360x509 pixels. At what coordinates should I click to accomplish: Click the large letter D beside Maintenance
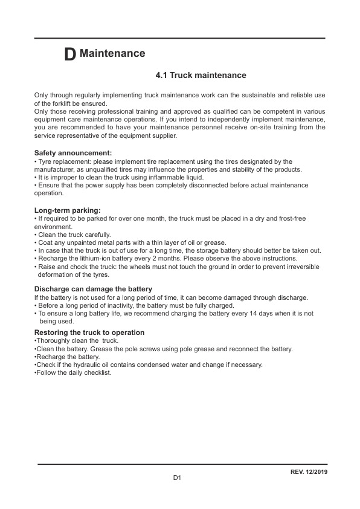[x=70, y=54]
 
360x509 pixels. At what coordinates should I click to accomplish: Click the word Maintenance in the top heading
[x=112, y=53]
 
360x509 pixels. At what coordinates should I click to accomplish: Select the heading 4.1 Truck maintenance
[x=201, y=76]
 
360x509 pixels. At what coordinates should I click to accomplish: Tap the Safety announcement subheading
[x=73, y=154]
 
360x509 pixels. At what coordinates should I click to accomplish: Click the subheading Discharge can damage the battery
[x=93, y=289]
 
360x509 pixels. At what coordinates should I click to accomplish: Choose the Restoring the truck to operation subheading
[x=89, y=332]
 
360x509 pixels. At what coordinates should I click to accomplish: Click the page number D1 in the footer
[x=178, y=478]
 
